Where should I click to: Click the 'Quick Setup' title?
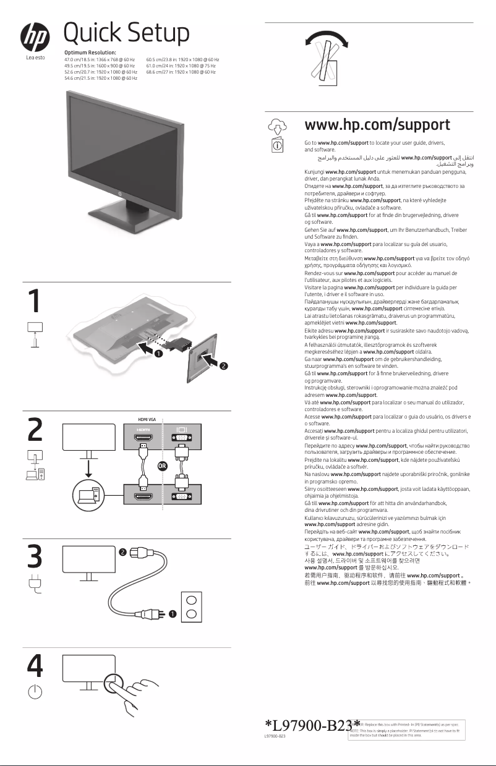pyautogui.click(x=126, y=32)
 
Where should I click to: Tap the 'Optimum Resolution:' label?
pyautogui.click(x=90, y=54)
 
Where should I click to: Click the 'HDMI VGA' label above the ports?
pyautogui.click(x=146, y=419)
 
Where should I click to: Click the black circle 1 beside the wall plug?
pyautogui.click(x=173, y=613)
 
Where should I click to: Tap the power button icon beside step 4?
pyautogui.click(x=35, y=692)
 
